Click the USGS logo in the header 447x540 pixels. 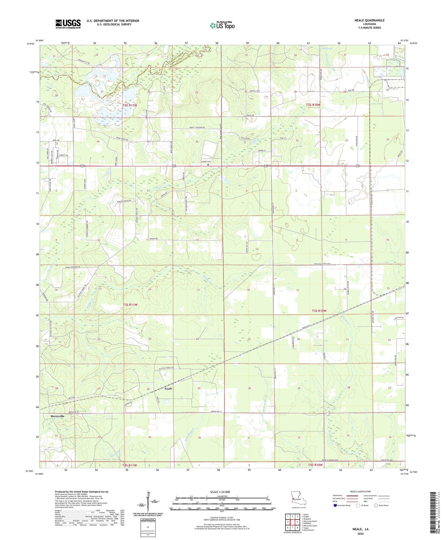(68, 24)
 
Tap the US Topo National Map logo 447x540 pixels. (222, 25)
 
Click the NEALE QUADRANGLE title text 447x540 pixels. (369, 20)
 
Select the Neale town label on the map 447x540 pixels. (168, 388)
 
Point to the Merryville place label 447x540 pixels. (58, 416)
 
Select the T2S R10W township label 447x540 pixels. (313, 105)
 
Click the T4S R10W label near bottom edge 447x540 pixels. (315, 465)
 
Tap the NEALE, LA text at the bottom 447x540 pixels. (360, 529)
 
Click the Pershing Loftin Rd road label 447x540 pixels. (322, 264)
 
